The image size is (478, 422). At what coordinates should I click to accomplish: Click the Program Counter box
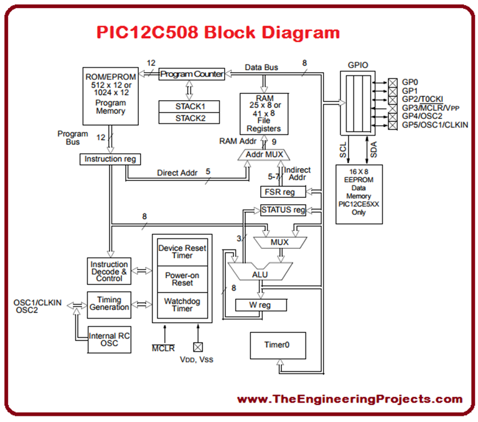pos(192,74)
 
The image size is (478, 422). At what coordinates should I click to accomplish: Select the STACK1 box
pos(192,106)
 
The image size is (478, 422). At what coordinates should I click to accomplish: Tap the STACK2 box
pos(192,118)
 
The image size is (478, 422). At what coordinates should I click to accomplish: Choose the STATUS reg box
pos(284,210)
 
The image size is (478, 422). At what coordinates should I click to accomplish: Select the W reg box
pos(261,305)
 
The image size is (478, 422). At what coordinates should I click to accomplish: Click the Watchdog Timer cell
pos(182,304)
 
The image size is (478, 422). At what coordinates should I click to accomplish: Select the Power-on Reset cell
pos(182,278)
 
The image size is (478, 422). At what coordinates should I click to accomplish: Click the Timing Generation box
pos(110,303)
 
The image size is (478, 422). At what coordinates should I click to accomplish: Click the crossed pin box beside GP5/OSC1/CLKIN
pos(393,125)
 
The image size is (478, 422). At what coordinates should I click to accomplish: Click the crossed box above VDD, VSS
pos(198,347)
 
